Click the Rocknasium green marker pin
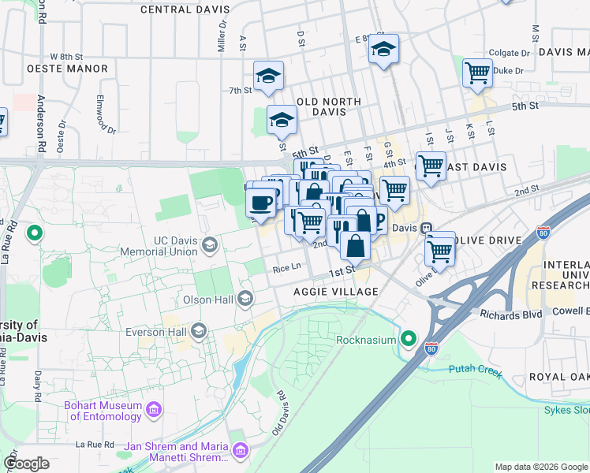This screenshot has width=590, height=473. click(x=408, y=340)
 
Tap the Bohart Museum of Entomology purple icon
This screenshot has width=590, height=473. click(x=154, y=411)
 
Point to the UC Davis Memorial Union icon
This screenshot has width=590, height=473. click(x=209, y=244)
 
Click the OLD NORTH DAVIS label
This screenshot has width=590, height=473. click(x=328, y=106)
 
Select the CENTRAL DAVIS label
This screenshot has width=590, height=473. click(x=185, y=10)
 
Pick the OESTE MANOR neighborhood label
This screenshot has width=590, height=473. click(x=67, y=69)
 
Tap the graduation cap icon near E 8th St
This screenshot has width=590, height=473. click(x=383, y=49)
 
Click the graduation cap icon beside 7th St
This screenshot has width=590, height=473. click(x=268, y=77)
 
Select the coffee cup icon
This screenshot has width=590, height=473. click(x=260, y=203)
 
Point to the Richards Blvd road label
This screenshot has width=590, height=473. click(x=510, y=314)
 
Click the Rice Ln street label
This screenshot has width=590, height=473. click(x=287, y=268)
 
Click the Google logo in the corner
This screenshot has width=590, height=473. click(x=26, y=464)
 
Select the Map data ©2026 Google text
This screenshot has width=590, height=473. click(x=540, y=467)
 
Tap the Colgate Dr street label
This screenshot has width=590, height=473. click(x=516, y=54)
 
